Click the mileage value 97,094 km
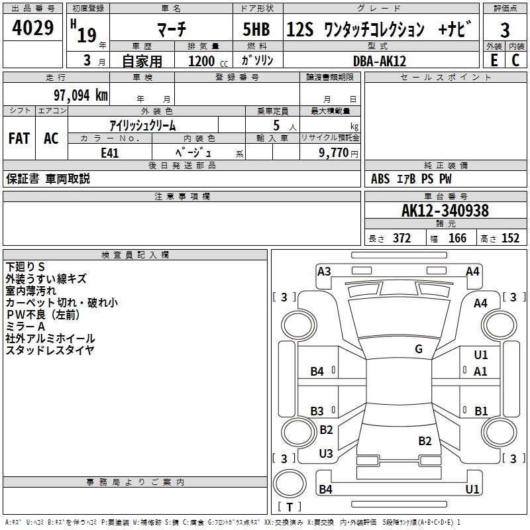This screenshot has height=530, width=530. click(80, 95)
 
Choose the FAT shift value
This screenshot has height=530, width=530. click(19, 138)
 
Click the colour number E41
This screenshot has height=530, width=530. click(110, 152)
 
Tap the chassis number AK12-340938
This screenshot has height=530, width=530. click(445, 211)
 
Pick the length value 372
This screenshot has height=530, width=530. click(401, 238)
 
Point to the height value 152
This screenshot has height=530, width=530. click(510, 238)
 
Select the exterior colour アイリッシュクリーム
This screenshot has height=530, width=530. click(142, 125)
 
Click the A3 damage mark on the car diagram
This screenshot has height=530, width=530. click(324, 272)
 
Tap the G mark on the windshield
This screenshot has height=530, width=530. click(419, 349)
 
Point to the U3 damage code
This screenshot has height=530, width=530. click(326, 454)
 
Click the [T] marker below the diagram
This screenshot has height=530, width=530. click(290, 507)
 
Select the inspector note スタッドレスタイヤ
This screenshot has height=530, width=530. click(50, 350)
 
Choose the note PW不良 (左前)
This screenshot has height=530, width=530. click(47, 314)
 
